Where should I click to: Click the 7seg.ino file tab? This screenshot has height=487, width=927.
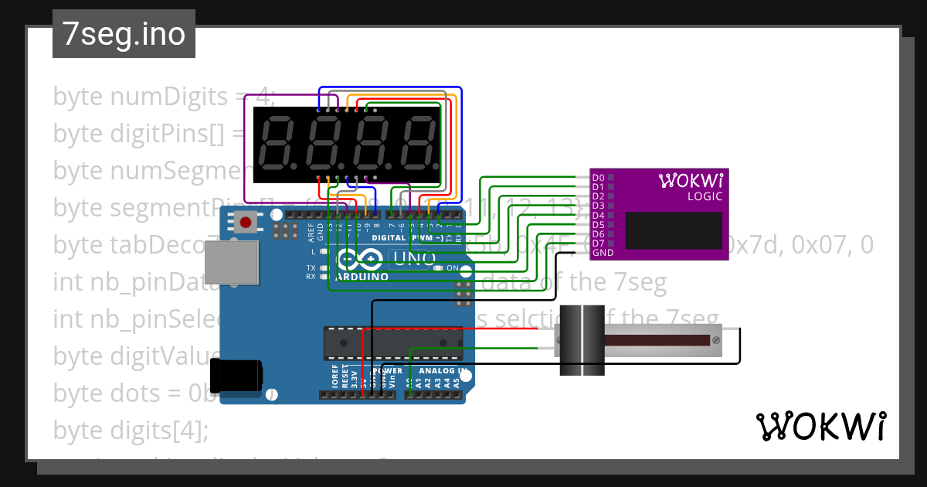(x=124, y=35)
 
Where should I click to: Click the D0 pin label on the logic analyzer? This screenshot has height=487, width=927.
(x=598, y=178)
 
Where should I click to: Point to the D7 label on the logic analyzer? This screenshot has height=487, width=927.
(x=598, y=243)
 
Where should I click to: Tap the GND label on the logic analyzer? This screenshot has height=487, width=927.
(x=603, y=252)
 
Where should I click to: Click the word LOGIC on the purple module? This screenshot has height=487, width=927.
(x=705, y=196)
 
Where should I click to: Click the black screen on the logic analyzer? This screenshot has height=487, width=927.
(x=674, y=230)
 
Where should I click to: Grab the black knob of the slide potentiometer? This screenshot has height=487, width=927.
(x=581, y=340)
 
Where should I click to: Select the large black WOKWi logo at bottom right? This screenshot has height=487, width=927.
(x=820, y=426)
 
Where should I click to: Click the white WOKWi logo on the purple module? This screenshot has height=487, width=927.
(x=691, y=181)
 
